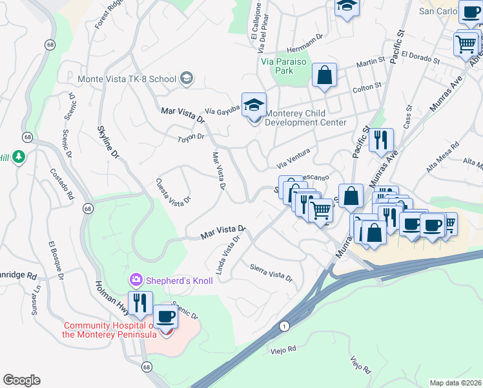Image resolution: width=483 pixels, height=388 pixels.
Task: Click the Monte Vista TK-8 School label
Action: point(127,79)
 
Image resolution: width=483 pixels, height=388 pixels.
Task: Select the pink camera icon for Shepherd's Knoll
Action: point(136,280)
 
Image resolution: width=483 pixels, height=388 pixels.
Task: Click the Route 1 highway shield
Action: point(284,328)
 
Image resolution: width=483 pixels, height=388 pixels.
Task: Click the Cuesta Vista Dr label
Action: point(174,191)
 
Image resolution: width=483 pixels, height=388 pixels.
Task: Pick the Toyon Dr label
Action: point(191,137)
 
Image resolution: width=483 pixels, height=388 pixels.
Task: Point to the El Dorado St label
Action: point(420,58)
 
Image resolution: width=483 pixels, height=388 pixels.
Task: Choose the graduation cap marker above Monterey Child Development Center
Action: point(254,104)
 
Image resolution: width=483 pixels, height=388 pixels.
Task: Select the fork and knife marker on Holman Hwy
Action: point(139,302)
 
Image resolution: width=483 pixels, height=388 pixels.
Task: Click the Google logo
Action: point(21,380)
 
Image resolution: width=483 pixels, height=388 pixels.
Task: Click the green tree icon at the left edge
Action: point(20,156)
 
